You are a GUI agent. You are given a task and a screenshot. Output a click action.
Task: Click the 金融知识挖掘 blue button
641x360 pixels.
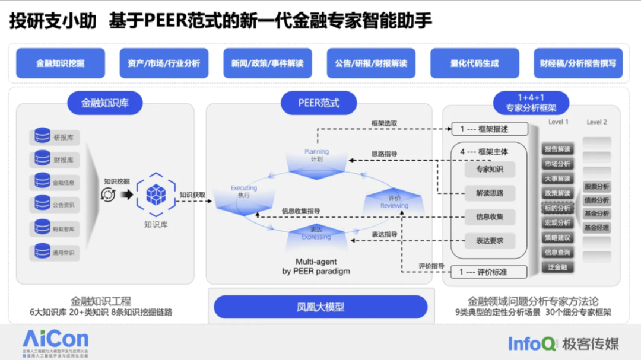point(60,63)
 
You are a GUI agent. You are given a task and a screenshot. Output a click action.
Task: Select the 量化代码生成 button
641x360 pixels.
point(474,63)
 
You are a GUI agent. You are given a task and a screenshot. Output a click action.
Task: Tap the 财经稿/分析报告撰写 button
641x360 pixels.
point(577,63)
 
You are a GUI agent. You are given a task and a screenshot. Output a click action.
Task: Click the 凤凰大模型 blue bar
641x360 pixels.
point(320,307)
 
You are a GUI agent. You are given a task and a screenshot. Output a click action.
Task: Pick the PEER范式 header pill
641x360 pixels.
point(319,103)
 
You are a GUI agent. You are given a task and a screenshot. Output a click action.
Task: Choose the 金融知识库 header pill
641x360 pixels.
point(105,103)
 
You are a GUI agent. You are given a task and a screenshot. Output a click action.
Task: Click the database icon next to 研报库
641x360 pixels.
point(42,136)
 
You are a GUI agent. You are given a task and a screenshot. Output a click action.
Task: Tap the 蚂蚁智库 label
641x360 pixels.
point(64,229)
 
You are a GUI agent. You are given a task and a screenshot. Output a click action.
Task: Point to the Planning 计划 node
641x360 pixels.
point(316,157)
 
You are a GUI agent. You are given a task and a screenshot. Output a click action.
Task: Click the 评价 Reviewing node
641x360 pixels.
point(395,202)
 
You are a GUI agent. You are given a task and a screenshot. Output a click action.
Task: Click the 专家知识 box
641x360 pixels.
point(489,170)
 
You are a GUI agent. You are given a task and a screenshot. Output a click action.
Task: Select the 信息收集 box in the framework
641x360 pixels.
point(489,217)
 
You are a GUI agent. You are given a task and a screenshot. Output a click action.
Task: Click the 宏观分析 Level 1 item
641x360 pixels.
point(557,223)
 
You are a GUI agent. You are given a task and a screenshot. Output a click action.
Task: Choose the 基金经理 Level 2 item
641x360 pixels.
point(596,228)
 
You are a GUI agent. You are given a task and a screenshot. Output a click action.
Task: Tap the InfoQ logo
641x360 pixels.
point(532,343)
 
